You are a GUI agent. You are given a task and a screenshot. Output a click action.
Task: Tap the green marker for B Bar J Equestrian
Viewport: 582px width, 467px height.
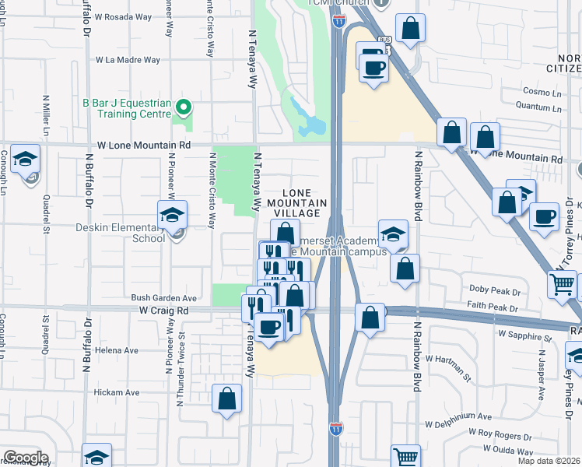pos(184,107)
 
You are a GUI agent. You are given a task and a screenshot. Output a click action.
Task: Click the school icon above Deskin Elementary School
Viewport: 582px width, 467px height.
pos(172,215)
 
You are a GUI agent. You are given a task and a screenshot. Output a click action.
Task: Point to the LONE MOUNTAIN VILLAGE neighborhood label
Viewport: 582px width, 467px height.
pos(295,202)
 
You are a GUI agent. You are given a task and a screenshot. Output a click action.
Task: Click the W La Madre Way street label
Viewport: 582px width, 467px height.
pos(128,60)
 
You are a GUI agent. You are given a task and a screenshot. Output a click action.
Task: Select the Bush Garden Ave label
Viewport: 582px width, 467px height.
pos(164,298)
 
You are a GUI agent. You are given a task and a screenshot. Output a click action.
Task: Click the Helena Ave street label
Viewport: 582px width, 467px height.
pos(117,350)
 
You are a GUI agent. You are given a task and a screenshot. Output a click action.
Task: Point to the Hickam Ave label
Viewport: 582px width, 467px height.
pos(117,393)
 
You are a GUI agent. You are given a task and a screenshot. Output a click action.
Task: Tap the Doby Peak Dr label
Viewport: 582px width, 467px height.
pos(494,289)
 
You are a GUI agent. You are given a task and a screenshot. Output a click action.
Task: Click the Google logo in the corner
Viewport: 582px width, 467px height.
pos(26,458)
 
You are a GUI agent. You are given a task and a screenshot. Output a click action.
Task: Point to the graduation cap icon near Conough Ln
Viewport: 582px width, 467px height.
pos(26,160)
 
